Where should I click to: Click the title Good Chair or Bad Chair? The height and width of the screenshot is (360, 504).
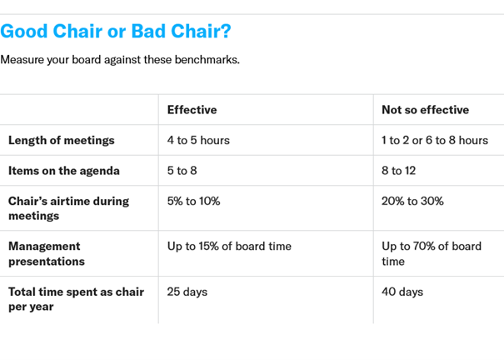116,32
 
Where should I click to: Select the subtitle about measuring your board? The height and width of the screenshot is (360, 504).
120,60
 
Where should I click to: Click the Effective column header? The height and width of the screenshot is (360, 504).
192,110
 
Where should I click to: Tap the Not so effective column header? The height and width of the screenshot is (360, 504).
425,110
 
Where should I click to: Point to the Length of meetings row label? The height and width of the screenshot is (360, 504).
62,141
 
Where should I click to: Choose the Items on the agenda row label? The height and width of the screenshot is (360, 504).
64,171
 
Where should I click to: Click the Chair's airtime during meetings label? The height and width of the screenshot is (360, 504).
69,208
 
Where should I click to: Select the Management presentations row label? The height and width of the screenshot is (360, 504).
47,253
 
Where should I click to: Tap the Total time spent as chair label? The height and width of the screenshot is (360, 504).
76,299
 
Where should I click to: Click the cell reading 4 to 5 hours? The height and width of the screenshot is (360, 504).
198,141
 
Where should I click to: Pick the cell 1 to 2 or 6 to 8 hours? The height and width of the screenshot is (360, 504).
435,141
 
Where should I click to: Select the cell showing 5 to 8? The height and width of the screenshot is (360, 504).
182,171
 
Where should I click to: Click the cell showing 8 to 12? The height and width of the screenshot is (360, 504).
398,171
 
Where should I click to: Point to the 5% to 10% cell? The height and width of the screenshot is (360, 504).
193,201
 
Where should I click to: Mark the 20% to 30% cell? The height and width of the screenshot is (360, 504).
412,201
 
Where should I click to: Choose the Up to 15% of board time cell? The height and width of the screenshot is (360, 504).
229,246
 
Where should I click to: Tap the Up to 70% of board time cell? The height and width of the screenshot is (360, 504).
432,253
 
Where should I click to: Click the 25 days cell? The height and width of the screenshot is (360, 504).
187,292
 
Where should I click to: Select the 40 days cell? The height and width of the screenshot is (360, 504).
402,292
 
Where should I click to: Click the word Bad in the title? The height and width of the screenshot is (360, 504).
148,32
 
